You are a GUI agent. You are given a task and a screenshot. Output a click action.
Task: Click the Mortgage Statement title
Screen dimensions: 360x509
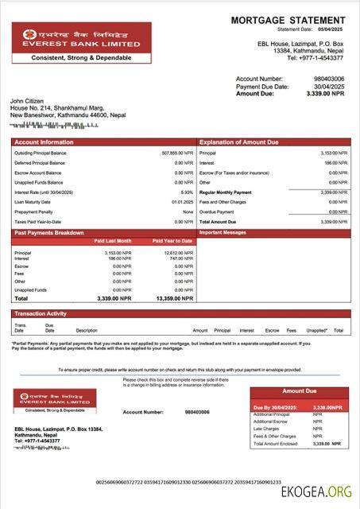tap(288, 20)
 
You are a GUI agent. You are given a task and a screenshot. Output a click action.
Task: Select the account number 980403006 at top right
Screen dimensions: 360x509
tap(329, 80)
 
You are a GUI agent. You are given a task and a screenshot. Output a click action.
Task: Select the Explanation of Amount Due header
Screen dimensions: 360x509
tap(238, 142)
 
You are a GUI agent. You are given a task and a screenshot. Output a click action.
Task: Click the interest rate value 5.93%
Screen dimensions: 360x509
tap(187, 192)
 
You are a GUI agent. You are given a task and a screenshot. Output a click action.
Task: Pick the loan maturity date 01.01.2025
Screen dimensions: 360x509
tap(182, 202)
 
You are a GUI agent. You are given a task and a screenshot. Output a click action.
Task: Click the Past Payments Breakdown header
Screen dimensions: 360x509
tap(49, 232)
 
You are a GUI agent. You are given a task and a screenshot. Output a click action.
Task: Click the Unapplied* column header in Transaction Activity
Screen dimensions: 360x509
tap(316, 330)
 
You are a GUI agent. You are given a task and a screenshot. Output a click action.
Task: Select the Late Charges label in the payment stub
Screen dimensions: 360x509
tap(266, 429)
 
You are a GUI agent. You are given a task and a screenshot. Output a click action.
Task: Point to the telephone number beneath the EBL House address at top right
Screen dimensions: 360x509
tap(315, 57)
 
